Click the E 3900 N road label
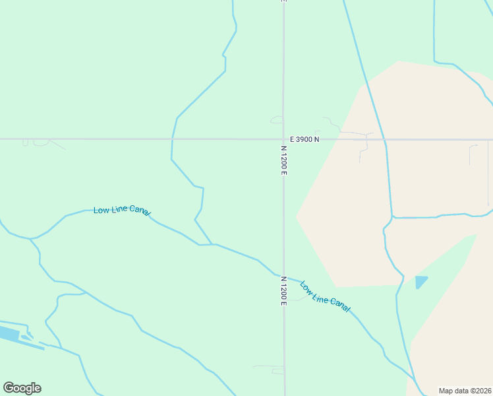304,139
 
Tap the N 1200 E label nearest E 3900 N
284,160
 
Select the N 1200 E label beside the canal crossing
284,291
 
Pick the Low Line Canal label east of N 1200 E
325,296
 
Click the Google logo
22,387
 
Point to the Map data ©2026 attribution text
465,391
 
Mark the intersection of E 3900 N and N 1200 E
283,139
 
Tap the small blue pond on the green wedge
420,282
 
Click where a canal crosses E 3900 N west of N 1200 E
172,139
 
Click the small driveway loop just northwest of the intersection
275,119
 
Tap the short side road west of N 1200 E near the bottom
269,366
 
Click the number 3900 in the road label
304,139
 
